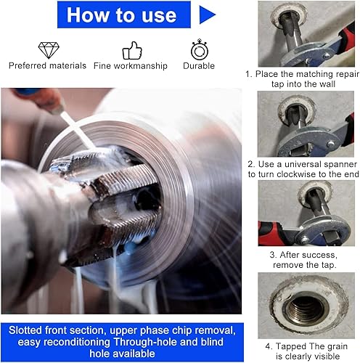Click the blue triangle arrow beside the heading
click(x=205, y=15)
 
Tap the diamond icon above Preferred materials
click(x=49, y=50)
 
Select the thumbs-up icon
click(x=132, y=51)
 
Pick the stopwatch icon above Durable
click(x=200, y=49)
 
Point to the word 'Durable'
click(x=199, y=66)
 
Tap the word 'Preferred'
click(x=28, y=65)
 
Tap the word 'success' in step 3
click(x=319, y=255)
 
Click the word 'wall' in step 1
click(x=327, y=84)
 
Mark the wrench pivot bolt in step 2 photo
click(x=331, y=144)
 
